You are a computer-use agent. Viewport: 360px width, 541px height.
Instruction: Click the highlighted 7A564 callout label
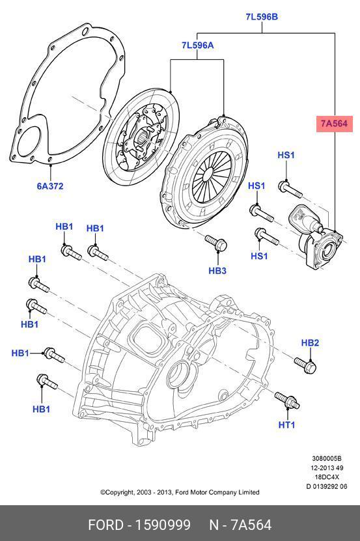(x=334, y=124)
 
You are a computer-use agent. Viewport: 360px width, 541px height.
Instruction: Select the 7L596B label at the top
(x=262, y=17)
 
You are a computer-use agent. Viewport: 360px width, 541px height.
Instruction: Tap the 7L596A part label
(x=197, y=45)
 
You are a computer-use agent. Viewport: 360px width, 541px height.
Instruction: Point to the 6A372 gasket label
(x=50, y=186)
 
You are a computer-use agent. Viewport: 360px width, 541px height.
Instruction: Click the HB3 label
(x=217, y=271)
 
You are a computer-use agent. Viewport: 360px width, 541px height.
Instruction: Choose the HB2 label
(x=310, y=343)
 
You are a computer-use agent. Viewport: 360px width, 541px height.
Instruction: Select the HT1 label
(x=287, y=424)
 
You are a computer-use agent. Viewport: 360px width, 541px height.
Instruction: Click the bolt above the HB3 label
(x=215, y=243)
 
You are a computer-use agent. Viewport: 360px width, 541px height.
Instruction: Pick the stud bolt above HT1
(x=287, y=400)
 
